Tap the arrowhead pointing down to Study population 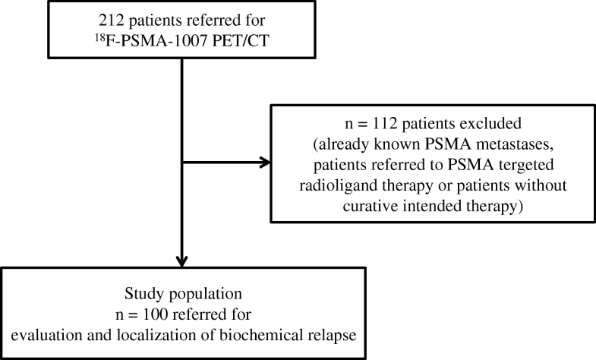click(x=183, y=258)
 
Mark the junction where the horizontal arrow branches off click(x=183, y=161)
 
